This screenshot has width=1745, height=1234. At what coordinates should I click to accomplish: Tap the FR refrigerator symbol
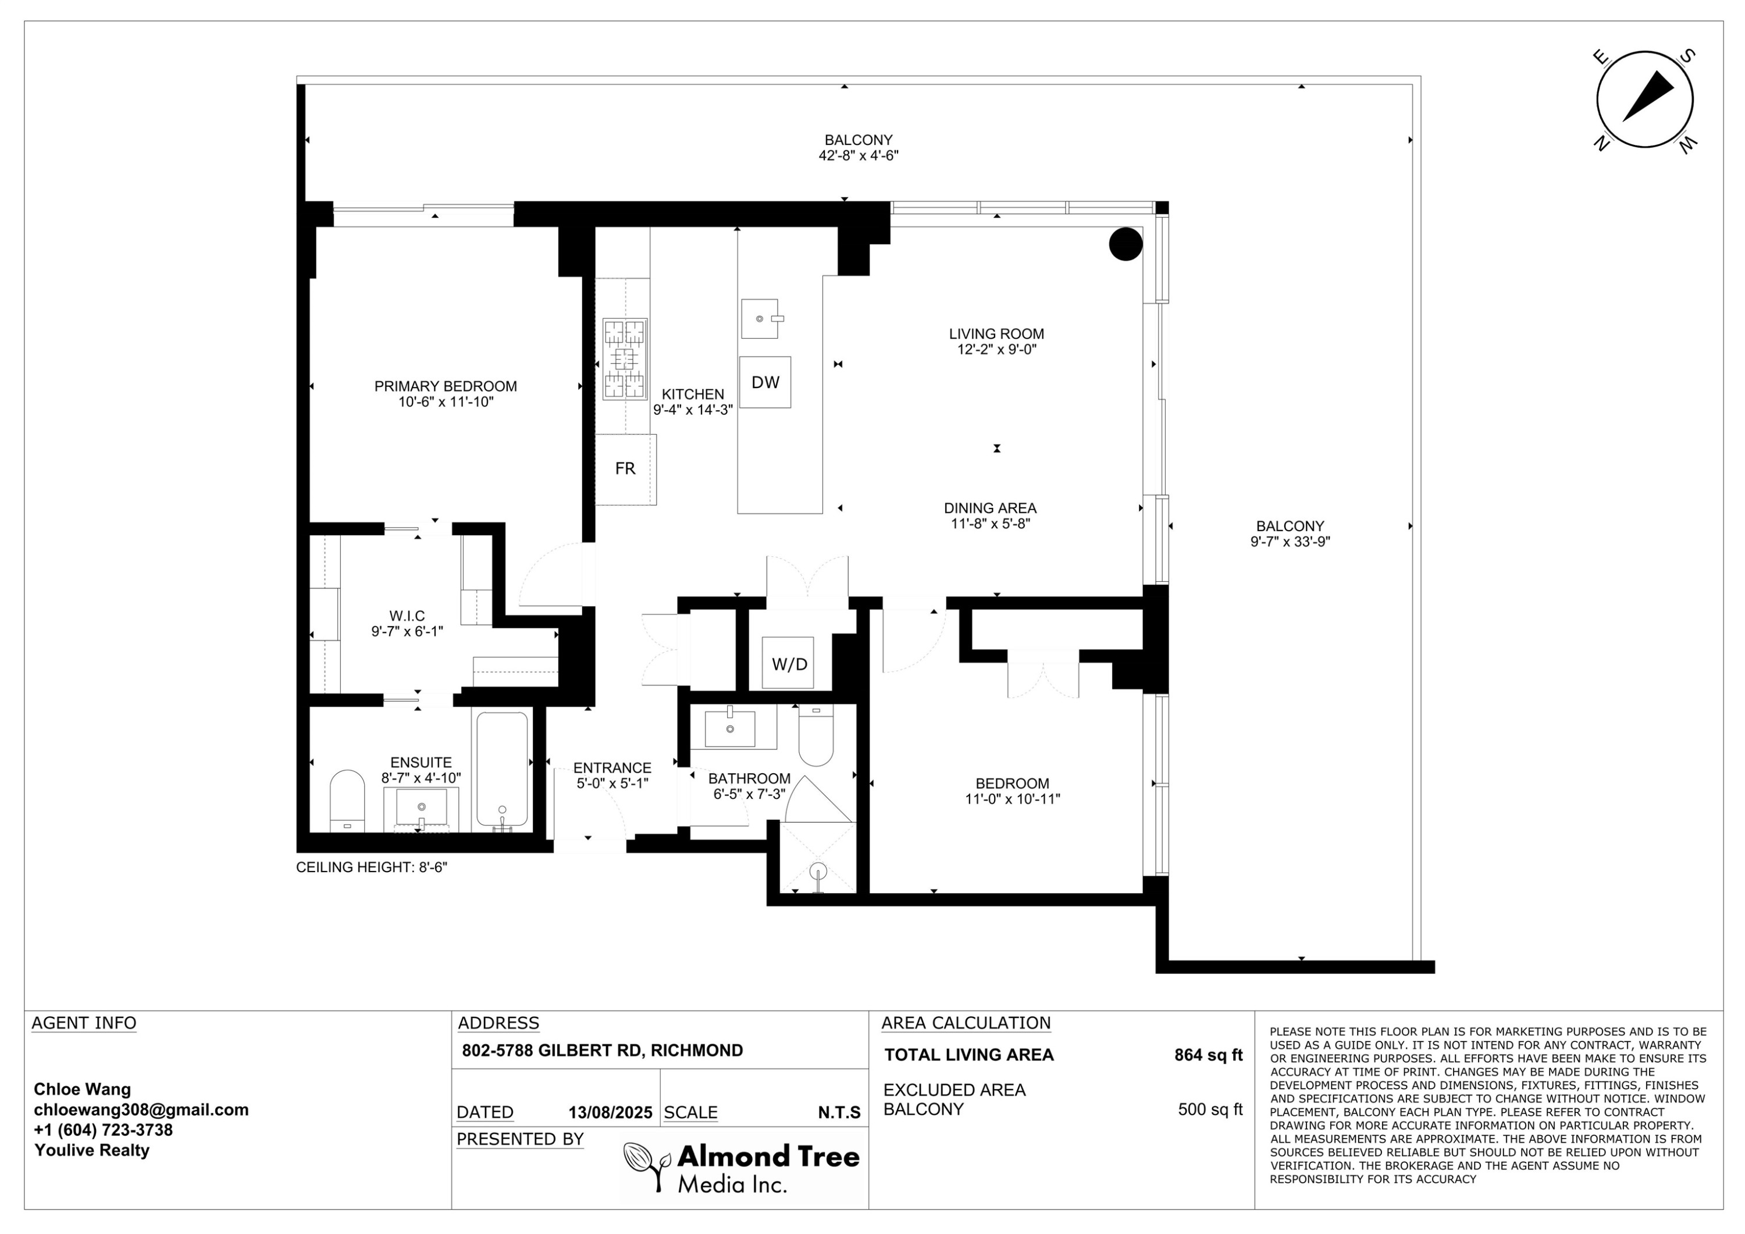(x=625, y=469)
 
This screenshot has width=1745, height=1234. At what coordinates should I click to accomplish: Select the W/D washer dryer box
(x=788, y=664)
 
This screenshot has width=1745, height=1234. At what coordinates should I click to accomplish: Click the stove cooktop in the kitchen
(x=625, y=359)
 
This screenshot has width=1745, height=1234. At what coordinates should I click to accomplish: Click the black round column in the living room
(x=1126, y=244)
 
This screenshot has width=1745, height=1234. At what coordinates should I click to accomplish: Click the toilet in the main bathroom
(x=816, y=736)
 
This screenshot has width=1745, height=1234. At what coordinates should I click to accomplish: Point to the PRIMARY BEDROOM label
(x=446, y=386)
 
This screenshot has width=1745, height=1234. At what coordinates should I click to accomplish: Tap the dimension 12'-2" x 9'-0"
(x=996, y=350)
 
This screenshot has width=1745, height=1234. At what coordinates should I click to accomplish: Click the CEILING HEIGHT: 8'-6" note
(x=372, y=867)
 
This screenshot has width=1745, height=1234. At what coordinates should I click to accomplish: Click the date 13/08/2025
(x=610, y=1112)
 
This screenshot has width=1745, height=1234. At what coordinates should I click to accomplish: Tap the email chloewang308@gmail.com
(x=141, y=1109)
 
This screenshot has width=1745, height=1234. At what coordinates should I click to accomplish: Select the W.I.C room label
(x=407, y=616)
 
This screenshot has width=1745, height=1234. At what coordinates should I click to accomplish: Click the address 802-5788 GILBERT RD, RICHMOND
(x=603, y=1051)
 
